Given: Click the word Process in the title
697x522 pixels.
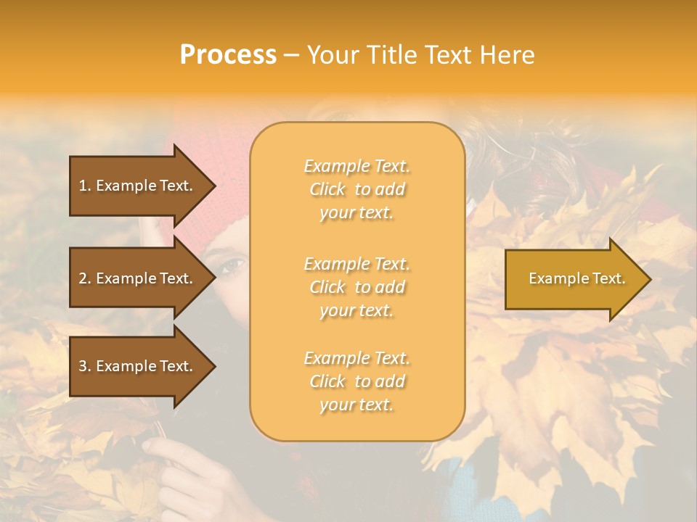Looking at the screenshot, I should (228, 55).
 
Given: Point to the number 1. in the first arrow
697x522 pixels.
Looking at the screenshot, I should (85, 186).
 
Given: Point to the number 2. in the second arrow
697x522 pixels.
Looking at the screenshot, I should (85, 278).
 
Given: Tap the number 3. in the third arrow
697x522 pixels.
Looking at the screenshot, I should (85, 366).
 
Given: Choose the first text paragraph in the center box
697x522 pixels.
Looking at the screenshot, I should (356, 189).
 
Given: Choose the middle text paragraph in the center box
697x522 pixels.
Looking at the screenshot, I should (356, 287).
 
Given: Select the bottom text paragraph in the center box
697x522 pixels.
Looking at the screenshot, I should (356, 381).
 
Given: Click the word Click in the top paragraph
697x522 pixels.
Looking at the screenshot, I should (327, 189).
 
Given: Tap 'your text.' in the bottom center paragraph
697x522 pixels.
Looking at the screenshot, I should (356, 405).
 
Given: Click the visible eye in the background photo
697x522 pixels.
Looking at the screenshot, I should (233, 266).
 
